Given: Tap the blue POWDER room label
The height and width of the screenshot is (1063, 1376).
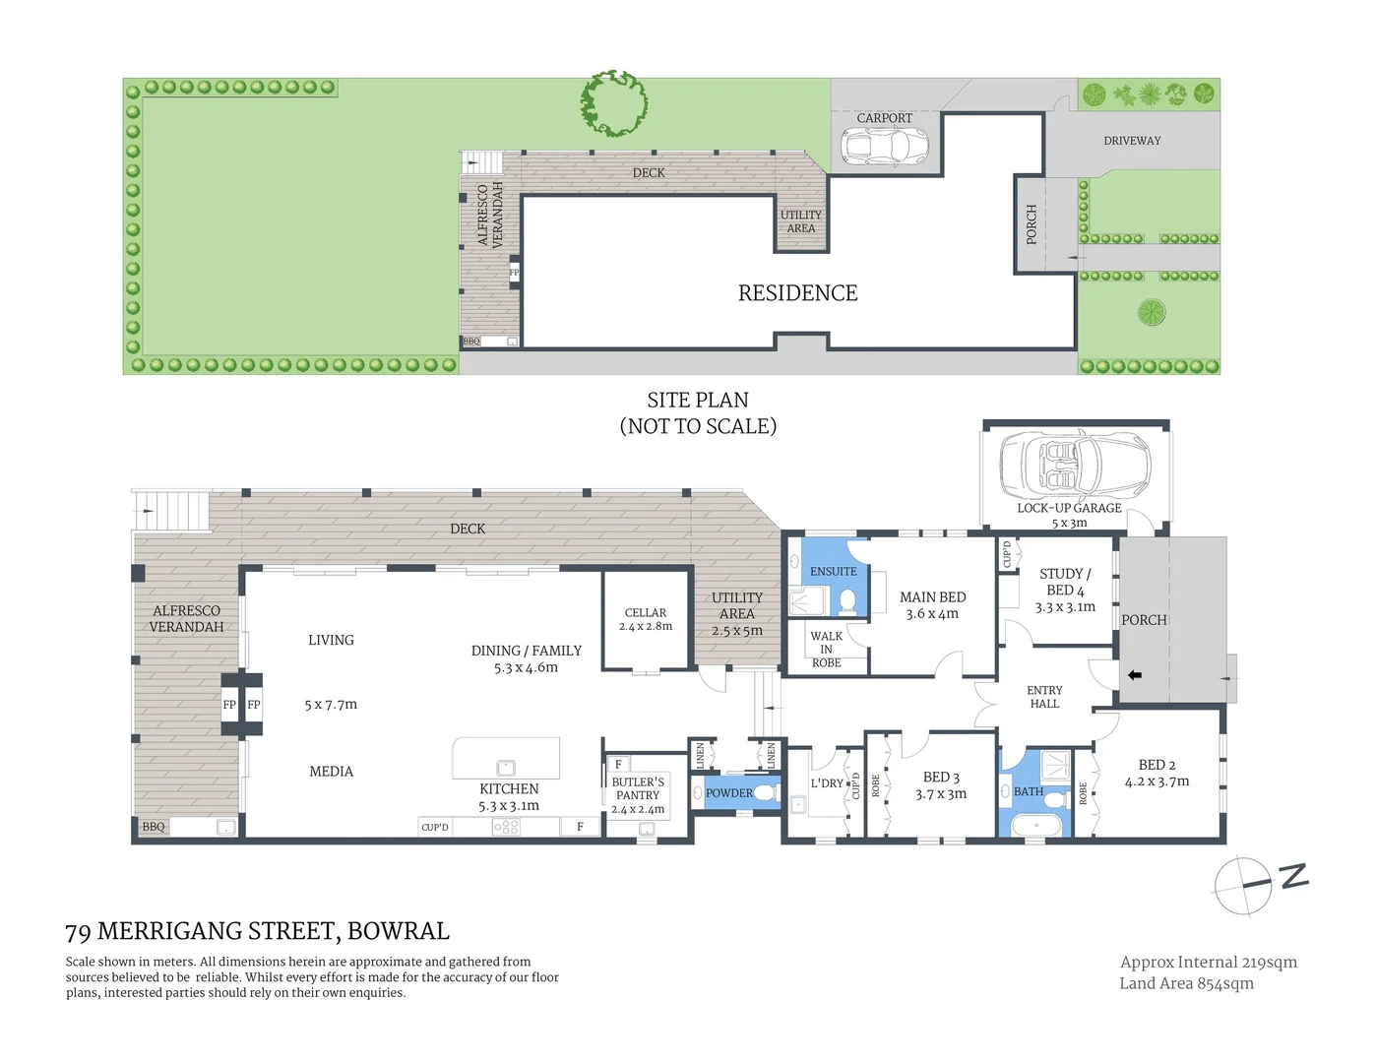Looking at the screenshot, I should [728, 793].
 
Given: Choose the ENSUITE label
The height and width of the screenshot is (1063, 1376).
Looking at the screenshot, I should [833, 571].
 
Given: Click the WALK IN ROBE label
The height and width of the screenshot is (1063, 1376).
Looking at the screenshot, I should [826, 650].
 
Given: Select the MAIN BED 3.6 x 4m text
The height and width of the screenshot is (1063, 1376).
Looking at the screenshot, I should [932, 605].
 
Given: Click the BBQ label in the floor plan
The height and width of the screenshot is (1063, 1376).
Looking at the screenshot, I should [154, 827].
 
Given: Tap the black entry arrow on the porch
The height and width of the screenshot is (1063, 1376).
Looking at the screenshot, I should [1135, 675].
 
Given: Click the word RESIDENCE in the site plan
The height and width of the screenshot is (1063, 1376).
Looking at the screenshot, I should [797, 293].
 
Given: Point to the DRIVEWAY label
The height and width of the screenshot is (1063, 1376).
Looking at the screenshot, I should [1132, 141].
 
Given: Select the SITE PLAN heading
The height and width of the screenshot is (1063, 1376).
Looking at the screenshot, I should [697, 401].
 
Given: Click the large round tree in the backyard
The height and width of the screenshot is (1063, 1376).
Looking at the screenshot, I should [614, 102].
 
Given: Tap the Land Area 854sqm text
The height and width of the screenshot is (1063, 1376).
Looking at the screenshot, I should [1186, 983].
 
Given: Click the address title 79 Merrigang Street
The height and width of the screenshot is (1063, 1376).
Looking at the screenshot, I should [257, 931].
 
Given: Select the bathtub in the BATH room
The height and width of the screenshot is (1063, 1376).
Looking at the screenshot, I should [1041, 825].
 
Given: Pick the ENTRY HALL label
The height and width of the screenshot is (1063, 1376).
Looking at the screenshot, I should [1044, 697].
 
